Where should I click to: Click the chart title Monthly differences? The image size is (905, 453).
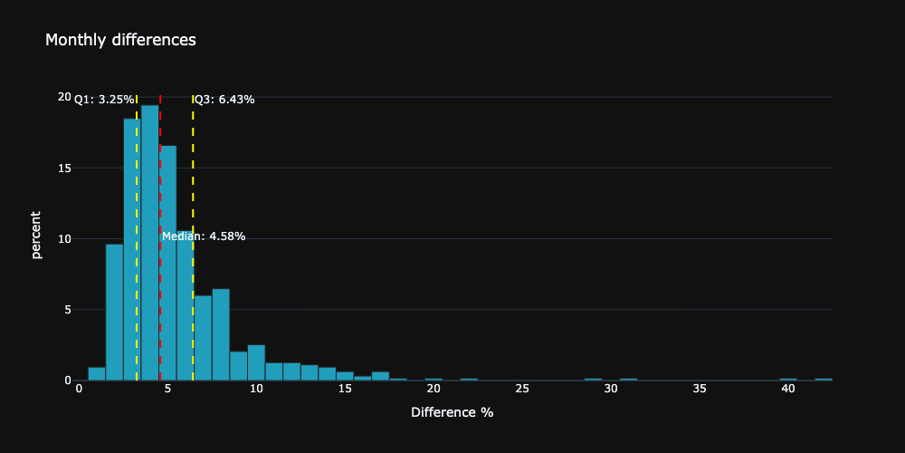[x=120, y=40]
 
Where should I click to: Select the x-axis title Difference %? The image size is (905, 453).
[x=452, y=412]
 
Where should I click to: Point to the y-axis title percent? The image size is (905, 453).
[x=36, y=235]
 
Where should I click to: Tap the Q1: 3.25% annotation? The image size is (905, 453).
[x=104, y=100]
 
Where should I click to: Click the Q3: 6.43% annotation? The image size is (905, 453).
[x=224, y=100]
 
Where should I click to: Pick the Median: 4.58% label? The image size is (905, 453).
[x=204, y=236]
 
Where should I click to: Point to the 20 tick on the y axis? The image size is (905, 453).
[x=64, y=97]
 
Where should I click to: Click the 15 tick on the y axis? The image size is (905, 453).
[x=64, y=168]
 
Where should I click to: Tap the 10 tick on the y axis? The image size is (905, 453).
[x=64, y=239]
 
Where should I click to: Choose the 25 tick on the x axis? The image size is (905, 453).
[x=522, y=389]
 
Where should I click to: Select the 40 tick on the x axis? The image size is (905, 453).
[x=788, y=389]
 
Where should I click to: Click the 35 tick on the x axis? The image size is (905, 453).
[x=700, y=389]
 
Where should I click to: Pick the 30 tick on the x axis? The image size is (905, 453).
[x=611, y=389]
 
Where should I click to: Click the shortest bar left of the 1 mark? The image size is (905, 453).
[x=97, y=374]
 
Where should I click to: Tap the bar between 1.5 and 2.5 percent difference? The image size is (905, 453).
[x=114, y=313]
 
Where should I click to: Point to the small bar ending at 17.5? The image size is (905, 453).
[x=380, y=376]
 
